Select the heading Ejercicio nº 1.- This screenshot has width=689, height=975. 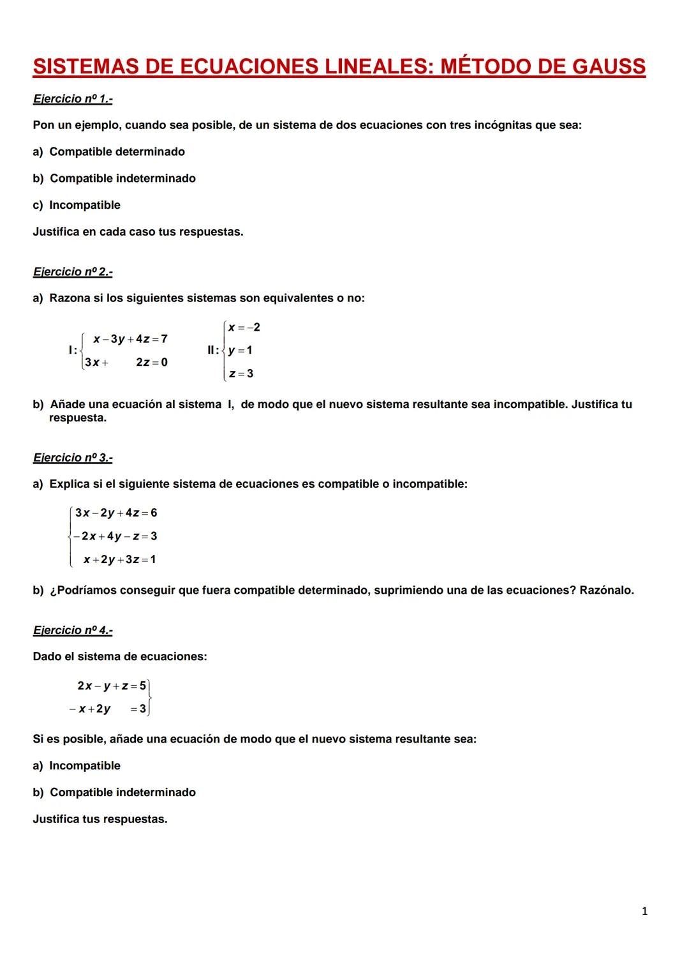coord(73,99)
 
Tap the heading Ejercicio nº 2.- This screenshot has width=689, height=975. coord(73,272)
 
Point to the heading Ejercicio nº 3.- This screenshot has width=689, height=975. coord(73,458)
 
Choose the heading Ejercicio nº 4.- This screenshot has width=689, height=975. coord(73,630)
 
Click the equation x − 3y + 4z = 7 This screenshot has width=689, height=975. coord(130,339)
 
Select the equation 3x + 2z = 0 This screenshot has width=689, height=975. coord(126,363)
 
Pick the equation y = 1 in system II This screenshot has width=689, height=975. coord(241,351)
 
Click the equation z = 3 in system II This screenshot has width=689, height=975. coord(241,374)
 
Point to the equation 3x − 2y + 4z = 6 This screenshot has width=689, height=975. coord(115,513)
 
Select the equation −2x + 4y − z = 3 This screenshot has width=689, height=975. coord(115,536)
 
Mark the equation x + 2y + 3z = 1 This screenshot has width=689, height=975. coord(119,560)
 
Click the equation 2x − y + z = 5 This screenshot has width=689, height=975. coord(112,686)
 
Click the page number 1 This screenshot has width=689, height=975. coord(644,911)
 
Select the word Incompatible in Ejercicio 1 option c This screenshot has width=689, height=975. coord(85,205)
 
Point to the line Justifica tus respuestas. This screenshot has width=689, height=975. coord(100,819)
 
